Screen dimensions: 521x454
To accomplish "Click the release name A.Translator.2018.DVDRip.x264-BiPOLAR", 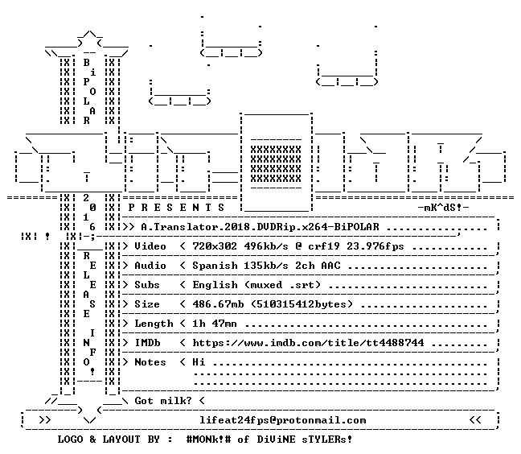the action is [x=260, y=227].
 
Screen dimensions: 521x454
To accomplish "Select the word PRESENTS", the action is [x=176, y=208].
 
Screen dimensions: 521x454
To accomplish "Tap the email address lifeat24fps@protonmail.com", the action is [x=283, y=420].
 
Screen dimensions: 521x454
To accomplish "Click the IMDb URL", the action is [x=308, y=343].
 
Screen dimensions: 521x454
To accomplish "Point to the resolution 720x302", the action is [x=215, y=246].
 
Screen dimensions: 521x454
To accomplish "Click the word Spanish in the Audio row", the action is [x=215, y=266].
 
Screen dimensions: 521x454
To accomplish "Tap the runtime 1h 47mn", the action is [x=215, y=324].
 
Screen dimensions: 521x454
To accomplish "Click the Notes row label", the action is [x=150, y=362].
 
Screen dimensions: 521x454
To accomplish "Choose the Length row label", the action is [x=154, y=324].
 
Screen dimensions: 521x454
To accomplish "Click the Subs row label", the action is [x=147, y=285].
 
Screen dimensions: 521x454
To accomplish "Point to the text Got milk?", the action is [x=163, y=400].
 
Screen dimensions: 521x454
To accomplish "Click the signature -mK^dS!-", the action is [x=443, y=208].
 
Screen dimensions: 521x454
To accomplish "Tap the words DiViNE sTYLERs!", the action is [x=305, y=440].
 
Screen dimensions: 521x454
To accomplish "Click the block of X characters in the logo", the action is [x=276, y=164].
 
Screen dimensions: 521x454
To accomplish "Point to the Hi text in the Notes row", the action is [x=199, y=362].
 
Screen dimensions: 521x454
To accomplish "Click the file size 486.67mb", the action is [x=218, y=304].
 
